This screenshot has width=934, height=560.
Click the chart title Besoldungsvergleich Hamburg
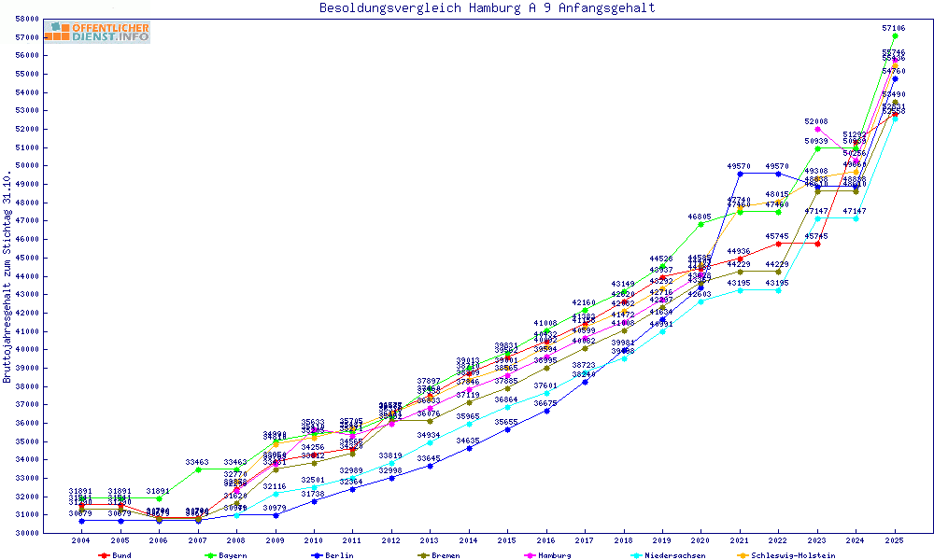click(487, 8)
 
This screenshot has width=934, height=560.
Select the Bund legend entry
click(117, 555)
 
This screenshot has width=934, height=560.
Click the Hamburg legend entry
click(551, 555)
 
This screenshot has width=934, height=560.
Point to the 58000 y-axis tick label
click(27, 19)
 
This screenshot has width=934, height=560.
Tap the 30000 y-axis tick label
click(27, 533)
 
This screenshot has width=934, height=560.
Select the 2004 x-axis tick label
click(81, 541)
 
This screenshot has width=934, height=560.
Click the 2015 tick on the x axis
click(507, 541)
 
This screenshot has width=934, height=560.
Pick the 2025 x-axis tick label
click(895, 541)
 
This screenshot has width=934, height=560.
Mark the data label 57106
click(894, 29)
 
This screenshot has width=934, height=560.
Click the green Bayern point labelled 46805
click(701, 224)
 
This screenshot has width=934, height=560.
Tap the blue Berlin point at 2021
click(740, 174)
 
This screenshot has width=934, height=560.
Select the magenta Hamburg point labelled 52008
click(817, 130)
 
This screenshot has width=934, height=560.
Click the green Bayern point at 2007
click(197, 469)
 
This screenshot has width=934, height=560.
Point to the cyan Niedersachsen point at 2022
click(779, 290)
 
